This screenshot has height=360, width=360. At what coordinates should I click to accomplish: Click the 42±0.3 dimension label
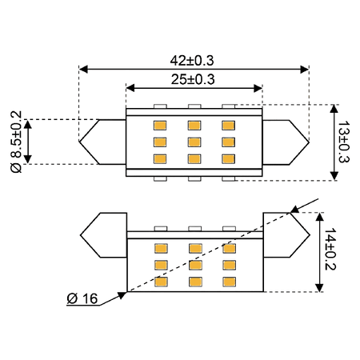click(192, 61)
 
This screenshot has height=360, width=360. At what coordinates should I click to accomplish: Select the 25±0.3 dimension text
click(193, 79)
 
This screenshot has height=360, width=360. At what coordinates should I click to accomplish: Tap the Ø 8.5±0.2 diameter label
click(16, 142)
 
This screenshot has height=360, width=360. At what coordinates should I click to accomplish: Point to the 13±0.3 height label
click(344, 142)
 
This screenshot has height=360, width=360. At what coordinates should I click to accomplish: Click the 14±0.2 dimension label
click(330, 249)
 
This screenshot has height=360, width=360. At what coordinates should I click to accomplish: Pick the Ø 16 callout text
click(82, 298)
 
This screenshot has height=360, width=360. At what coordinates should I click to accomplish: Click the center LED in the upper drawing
click(194, 142)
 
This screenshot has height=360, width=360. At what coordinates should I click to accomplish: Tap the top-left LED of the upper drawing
click(160, 126)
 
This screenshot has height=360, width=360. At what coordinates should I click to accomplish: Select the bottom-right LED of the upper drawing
click(228, 159)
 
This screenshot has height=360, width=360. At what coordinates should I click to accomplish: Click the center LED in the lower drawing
click(195, 265)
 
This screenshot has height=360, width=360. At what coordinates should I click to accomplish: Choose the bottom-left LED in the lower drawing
click(161, 282)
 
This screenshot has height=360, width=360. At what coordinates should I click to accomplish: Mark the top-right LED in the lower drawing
click(230, 248)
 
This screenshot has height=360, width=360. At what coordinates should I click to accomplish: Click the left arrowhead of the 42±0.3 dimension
click(83, 70)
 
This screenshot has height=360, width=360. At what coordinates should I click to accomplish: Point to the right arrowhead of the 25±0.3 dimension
click(258, 88)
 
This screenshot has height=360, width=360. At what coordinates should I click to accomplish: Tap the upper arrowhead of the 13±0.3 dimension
click(334, 109)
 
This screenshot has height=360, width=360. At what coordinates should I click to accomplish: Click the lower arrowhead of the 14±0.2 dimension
click(319, 287)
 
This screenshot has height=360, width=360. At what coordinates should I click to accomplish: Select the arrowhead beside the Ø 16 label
click(122, 295)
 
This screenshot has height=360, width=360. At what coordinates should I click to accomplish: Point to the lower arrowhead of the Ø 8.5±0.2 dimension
click(28, 159)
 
